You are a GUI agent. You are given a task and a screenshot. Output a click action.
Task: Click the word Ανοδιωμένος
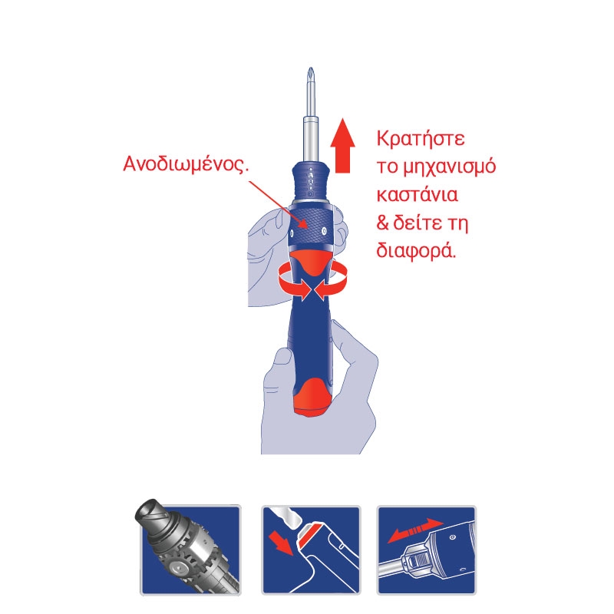coord(186,163)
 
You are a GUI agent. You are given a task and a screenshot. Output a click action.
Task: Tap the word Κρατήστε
coord(421,140)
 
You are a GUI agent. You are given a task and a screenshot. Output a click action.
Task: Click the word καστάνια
coord(417,195)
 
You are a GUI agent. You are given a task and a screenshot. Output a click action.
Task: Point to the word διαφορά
coord(416,251)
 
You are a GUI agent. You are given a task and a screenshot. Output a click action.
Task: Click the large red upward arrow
coord(342,145)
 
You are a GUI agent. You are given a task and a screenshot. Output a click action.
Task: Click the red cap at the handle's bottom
coord(312,399)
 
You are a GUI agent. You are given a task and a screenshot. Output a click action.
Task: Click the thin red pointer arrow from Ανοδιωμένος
coord(278,204)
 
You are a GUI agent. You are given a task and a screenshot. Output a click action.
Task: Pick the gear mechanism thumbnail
coord(189,548)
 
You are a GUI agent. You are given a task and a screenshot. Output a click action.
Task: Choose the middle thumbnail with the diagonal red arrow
coord(311,550)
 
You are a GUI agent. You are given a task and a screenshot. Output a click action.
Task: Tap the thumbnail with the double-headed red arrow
coord(427,550)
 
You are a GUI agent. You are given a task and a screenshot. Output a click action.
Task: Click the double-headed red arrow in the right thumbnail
coord(415,530)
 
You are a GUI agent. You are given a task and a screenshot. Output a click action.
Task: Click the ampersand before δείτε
coord(382,223)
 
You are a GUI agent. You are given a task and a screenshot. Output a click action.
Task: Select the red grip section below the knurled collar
coord(312,262)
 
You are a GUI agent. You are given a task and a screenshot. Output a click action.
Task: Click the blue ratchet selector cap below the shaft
coord(311,181)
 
